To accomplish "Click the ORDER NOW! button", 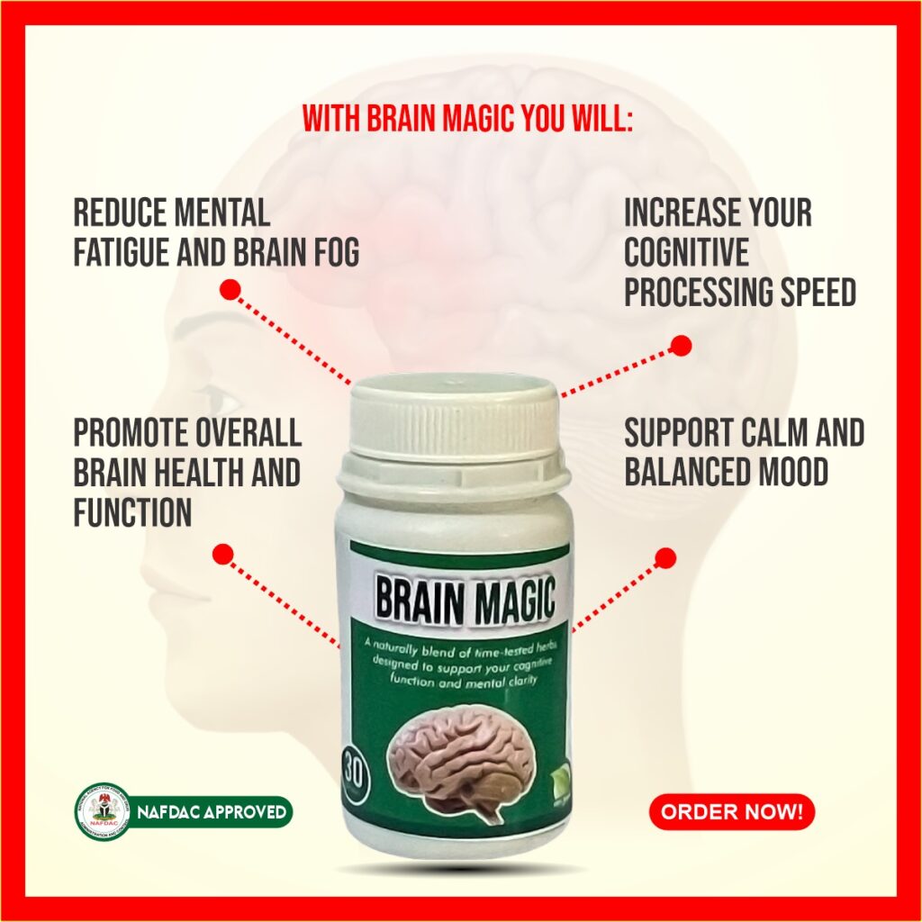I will (x=731, y=812).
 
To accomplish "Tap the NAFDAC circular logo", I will (x=102, y=811).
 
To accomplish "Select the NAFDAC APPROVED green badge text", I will (x=212, y=812).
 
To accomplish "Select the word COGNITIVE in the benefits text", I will (x=686, y=253).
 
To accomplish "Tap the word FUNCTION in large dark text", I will (x=132, y=512).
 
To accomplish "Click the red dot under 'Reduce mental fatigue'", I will (x=230, y=289).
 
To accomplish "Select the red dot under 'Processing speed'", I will (x=682, y=345).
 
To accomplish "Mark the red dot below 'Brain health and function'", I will (x=222, y=553).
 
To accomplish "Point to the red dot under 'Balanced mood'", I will (x=665, y=558).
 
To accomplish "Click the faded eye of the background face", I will (x=212, y=398).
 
